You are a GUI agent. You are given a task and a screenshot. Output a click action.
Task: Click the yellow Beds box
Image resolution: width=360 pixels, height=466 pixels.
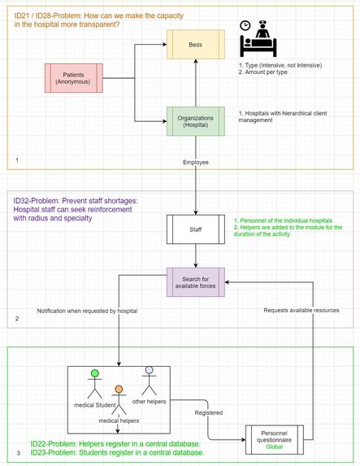[x=196, y=45]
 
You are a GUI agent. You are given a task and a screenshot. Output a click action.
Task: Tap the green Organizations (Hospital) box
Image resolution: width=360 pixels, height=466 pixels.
[x=196, y=123]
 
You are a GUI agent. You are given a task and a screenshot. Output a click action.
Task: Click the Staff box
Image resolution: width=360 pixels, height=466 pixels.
[x=196, y=229]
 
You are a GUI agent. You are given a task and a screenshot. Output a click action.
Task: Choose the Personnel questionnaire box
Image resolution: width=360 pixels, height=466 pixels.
[x=274, y=439]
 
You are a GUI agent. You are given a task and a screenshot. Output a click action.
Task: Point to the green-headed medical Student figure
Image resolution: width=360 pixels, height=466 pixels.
[x=94, y=385]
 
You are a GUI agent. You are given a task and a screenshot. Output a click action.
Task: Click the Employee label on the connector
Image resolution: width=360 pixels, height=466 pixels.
[x=196, y=163]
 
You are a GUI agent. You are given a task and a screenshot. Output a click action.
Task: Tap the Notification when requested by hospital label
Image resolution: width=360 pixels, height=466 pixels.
[x=87, y=311]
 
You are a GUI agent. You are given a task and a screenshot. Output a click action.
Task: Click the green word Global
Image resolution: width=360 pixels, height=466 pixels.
[x=274, y=447]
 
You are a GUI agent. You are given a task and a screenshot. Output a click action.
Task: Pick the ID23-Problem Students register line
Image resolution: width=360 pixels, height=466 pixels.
[x=117, y=452]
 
